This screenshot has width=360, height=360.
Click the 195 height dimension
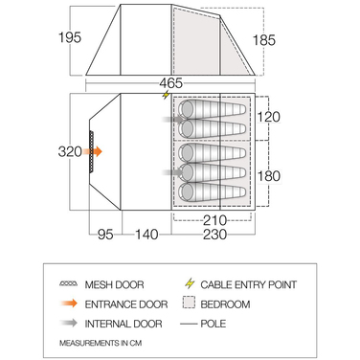coord(70,37)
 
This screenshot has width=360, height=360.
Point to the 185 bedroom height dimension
coord(264,40)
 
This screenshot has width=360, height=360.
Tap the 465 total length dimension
coord(171,83)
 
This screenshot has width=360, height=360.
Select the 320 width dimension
coord(70,151)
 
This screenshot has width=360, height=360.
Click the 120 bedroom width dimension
coord(269,117)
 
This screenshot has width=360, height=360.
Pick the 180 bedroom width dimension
coord(269,175)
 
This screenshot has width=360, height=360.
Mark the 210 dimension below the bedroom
coord(214,220)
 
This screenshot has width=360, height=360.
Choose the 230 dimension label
coord(214,235)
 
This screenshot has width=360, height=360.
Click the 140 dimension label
coord(146,235)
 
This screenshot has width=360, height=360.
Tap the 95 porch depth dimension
coord(105,235)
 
